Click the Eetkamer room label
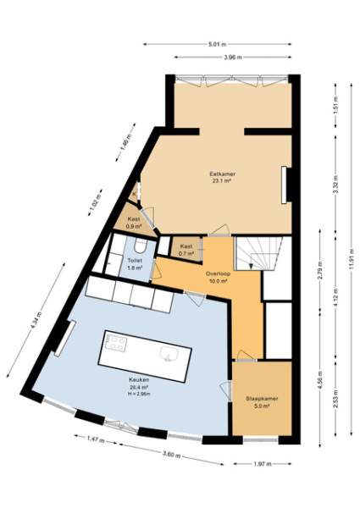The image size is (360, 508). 223,174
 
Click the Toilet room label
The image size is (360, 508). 134,261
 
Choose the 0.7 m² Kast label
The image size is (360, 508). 186,246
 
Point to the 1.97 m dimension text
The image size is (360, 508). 262,464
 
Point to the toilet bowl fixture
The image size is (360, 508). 144,245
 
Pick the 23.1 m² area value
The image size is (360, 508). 223,180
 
